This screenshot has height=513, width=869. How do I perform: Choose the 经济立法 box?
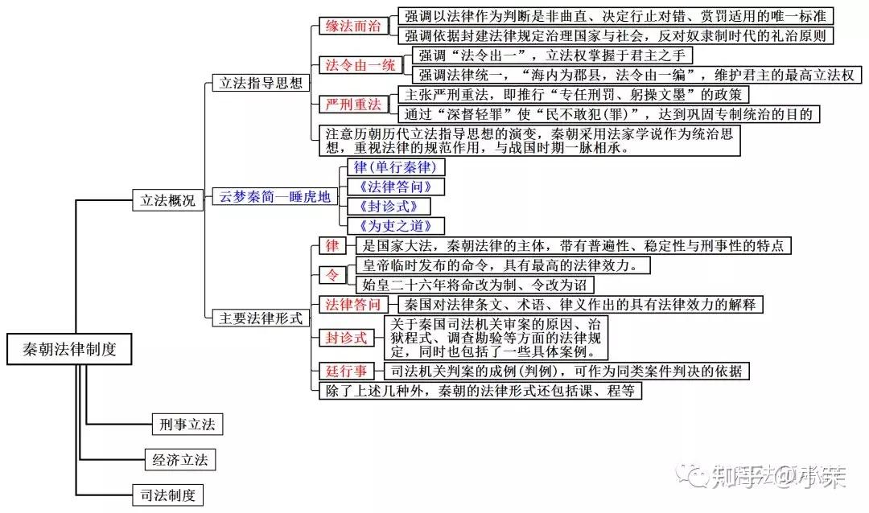click(180, 460)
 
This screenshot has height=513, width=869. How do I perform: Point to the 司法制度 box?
click(167, 495)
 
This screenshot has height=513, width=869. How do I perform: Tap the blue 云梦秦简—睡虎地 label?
click(274, 197)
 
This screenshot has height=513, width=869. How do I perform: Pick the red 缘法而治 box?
click(352, 26)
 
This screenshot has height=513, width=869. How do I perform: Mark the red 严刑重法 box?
click(352, 104)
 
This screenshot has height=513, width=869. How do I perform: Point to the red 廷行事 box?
click(347, 371)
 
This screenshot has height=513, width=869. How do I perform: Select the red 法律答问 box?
click(352, 304)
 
